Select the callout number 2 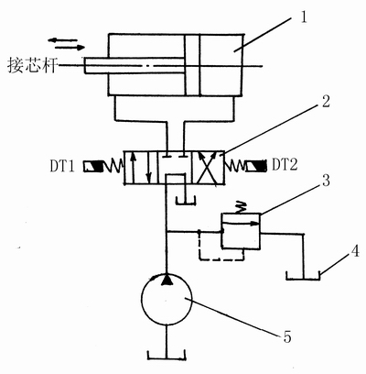[326, 101]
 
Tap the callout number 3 [326, 181]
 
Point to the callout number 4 [354, 253]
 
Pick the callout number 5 [287, 336]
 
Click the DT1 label [62, 166]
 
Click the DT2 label [285, 165]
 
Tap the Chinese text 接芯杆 [33, 66]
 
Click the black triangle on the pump [167, 279]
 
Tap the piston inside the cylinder [192, 65]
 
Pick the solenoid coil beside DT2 [256, 166]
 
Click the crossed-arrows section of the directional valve [208, 168]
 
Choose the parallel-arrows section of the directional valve [141, 168]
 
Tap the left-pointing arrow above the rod [63, 40]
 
